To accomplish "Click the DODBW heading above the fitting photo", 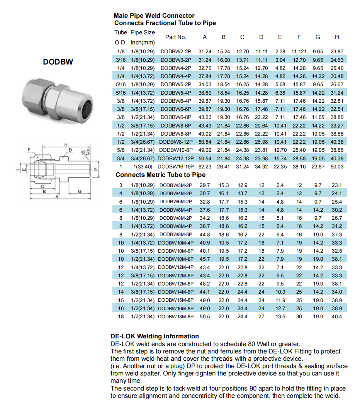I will pyautogui.click(x=58, y=62).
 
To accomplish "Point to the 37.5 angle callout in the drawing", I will pyautogui.click(x=86, y=152).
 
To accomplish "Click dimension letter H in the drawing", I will pyautogui.click(x=66, y=145).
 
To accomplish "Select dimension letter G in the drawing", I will pyautogui.click(x=79, y=191).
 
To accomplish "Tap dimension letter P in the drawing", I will pyautogui.click(x=96, y=169).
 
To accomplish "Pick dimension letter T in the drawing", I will pyautogui.click(x=17, y=169).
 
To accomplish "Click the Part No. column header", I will pyautogui.click(x=176, y=37).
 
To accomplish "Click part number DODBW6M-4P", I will pyautogui.click(x=176, y=210).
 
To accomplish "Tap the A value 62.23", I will pyautogui.click(x=205, y=166).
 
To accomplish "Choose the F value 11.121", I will pyautogui.click(x=299, y=51).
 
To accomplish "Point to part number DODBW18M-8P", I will pyautogui.click(x=176, y=316).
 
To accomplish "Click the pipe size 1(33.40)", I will pyautogui.click(x=143, y=166).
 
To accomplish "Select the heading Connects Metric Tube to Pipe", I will pyautogui.click(x=160, y=175).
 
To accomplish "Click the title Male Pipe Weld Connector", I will pyautogui.click(x=154, y=16).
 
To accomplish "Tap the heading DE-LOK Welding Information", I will pyautogui.click(x=155, y=336).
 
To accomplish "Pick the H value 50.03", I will pyautogui.click(x=337, y=166).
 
